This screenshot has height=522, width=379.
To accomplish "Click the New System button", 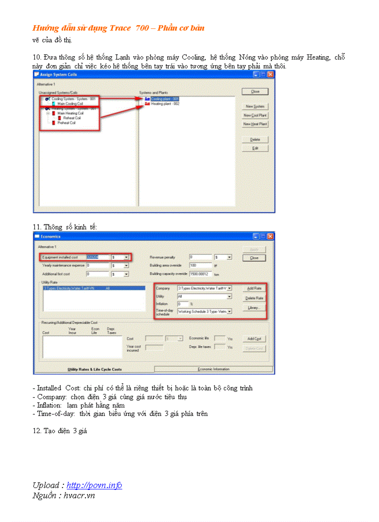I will [255, 106].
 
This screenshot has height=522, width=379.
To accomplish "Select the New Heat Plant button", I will [255, 124].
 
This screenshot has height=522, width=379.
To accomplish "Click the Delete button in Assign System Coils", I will [255, 139].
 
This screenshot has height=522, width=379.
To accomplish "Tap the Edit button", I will [255, 148].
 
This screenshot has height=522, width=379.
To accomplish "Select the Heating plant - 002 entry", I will [165, 104].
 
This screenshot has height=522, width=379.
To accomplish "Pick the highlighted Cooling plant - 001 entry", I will [165, 99].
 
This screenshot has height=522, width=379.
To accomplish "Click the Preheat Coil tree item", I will [66, 123].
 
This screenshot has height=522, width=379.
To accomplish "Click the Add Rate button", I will [254, 289].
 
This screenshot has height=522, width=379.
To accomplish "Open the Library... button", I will [254, 307].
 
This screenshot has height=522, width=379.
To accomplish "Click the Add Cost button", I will [254, 339].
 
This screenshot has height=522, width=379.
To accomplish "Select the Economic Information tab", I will [214, 369].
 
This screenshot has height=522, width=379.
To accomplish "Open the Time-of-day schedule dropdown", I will [229, 311].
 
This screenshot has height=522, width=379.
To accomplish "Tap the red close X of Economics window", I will [270, 237].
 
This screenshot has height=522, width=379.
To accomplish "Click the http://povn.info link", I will [94, 485].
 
